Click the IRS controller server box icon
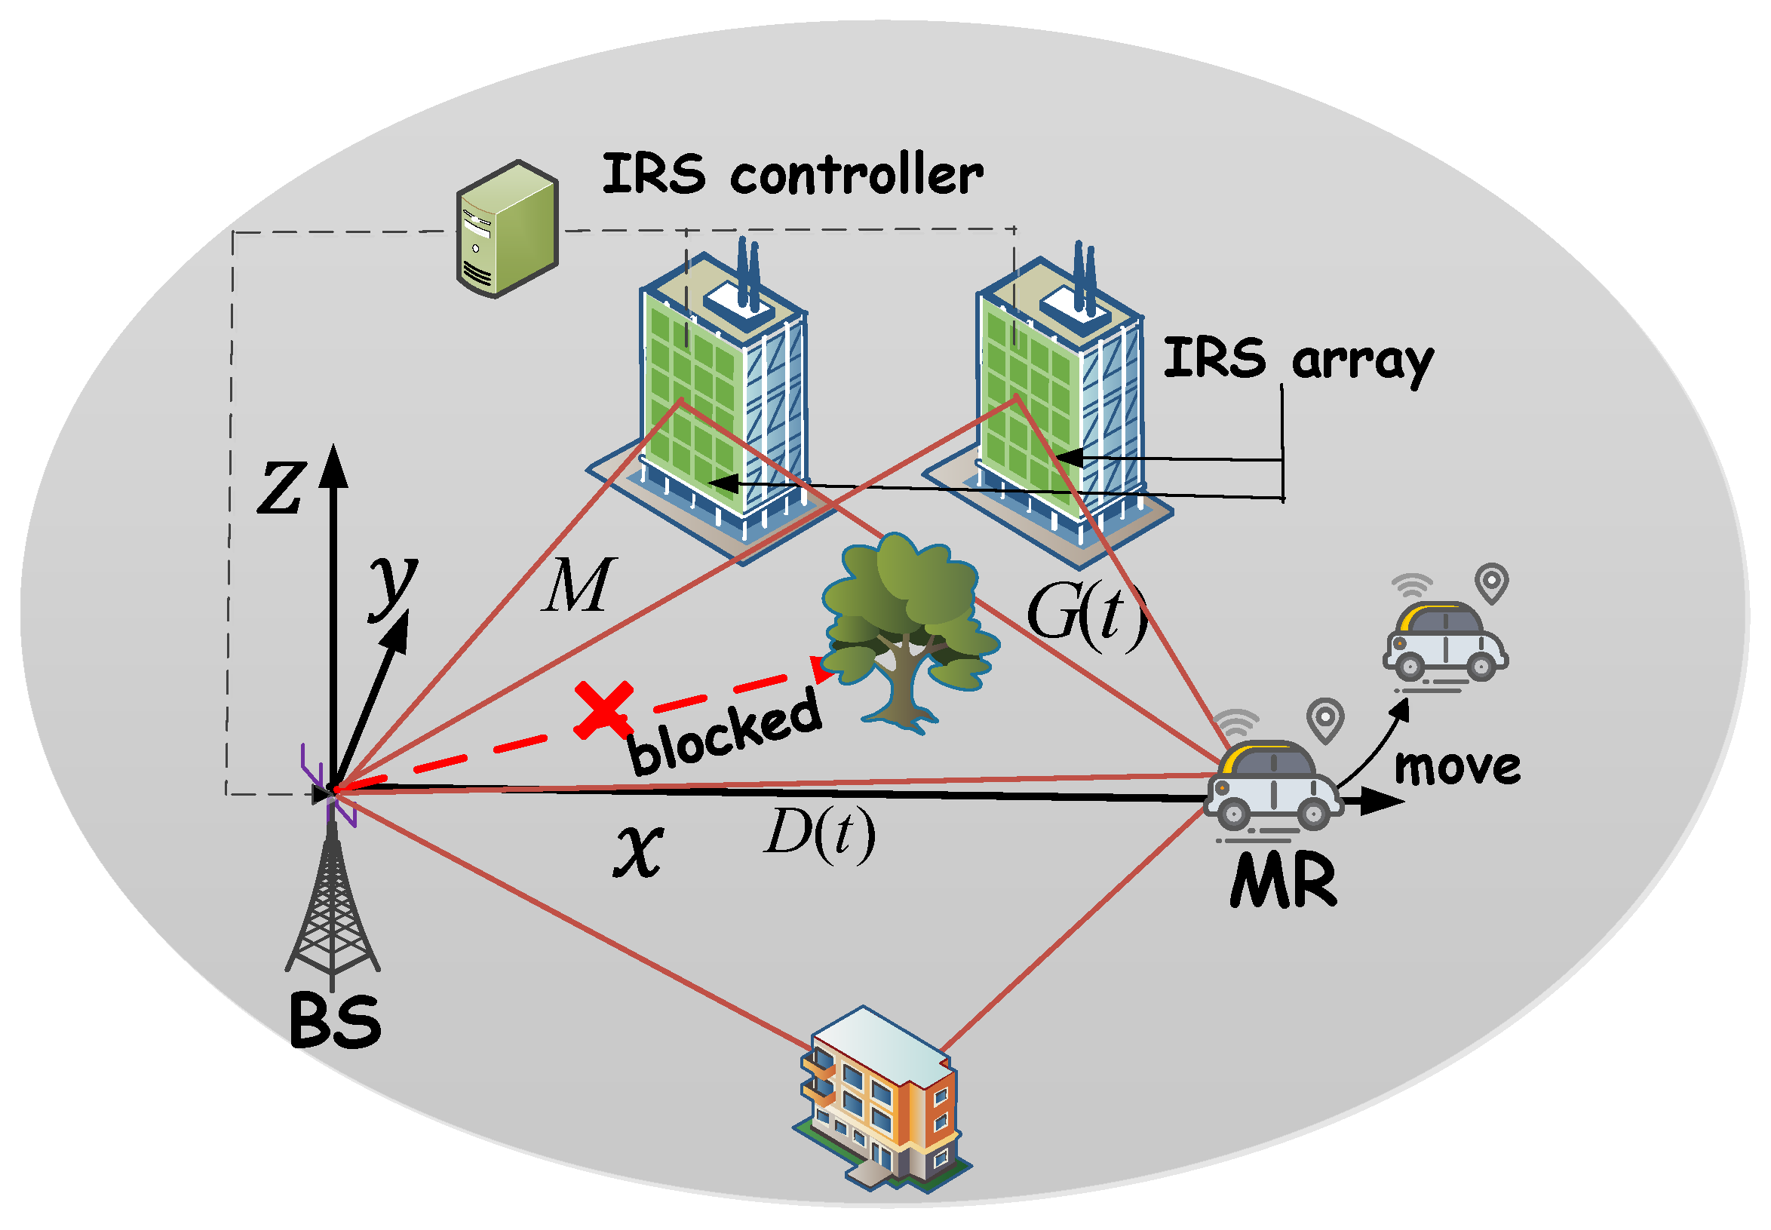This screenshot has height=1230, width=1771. pyautogui.click(x=506, y=229)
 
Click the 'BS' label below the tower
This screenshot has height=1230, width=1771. pyautogui.click(x=335, y=1021)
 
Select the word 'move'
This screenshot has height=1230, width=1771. pyautogui.click(x=1456, y=767)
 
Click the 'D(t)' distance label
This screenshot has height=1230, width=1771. pyautogui.click(x=819, y=833)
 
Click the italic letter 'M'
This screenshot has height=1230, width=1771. pyautogui.click(x=577, y=585)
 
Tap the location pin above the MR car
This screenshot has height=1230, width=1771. pyautogui.click(x=1324, y=719)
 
